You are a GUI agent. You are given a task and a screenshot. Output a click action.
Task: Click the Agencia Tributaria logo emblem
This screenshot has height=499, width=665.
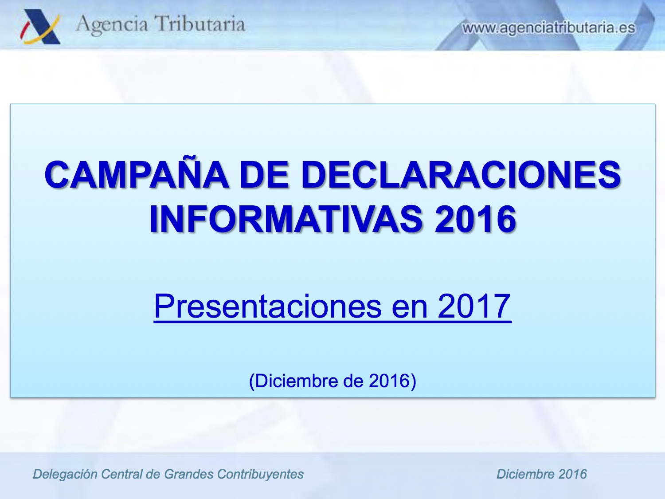[x=40, y=27]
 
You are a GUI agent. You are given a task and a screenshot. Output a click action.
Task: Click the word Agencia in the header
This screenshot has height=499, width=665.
[x=112, y=24]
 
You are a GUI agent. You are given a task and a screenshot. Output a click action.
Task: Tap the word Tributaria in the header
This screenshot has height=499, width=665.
[x=199, y=24]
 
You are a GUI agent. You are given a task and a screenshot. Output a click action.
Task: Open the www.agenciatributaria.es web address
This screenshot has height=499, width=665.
[x=549, y=28]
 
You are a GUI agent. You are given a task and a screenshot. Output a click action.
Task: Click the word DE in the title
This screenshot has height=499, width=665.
[x=264, y=175]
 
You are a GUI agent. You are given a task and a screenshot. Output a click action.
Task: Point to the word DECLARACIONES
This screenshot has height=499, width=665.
[x=461, y=175]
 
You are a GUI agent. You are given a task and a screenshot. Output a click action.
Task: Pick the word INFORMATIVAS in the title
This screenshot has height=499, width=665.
[x=286, y=219]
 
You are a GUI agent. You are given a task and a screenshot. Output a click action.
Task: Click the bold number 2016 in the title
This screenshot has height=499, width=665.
[x=475, y=219]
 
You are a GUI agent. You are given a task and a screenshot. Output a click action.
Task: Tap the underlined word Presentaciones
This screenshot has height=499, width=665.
[x=268, y=306]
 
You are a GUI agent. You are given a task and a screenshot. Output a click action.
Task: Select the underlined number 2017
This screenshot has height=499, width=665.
[x=474, y=306]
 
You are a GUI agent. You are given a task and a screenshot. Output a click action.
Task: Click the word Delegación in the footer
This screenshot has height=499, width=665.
[x=65, y=475]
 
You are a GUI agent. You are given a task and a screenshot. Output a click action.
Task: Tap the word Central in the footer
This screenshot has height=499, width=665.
[x=121, y=474]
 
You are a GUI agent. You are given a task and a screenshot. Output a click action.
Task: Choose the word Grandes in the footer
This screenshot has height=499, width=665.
[x=189, y=474]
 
